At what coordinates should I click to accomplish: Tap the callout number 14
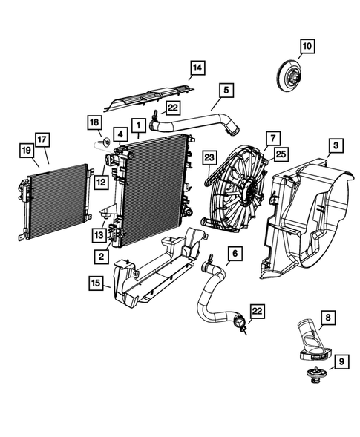(195, 70)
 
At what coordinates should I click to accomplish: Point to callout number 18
(95, 122)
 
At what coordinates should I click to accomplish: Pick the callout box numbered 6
(234, 254)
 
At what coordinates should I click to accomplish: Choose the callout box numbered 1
(138, 123)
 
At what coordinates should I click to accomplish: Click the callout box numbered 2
(99, 256)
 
